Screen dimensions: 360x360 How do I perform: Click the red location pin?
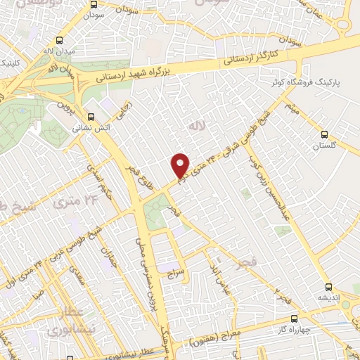[x=181, y=165]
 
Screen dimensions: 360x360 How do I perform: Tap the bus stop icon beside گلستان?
[x=323, y=134]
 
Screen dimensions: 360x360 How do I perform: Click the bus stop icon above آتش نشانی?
[x=90, y=118]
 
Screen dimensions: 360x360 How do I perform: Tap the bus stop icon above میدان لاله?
[x=59, y=40]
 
